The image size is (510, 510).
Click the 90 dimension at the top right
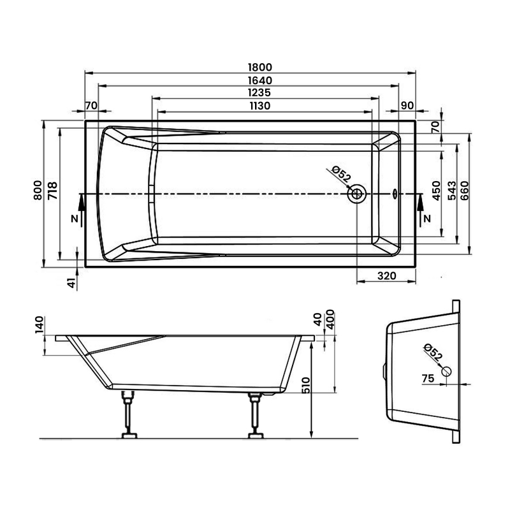[407, 105]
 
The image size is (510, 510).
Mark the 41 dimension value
[72, 280]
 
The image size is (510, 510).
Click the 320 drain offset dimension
[387, 276]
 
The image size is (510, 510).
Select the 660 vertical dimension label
[465, 191]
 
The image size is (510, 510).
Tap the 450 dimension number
[437, 191]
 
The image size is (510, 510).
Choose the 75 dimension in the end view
[428, 379]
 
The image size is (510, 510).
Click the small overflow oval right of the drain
[394, 193]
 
